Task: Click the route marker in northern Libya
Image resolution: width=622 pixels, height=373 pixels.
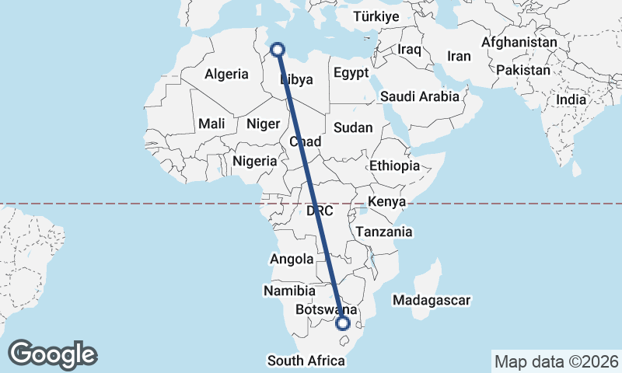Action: point(278,51)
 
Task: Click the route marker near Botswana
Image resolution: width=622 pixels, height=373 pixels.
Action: point(343,323)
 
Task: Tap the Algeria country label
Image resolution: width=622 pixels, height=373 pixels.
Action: point(226,75)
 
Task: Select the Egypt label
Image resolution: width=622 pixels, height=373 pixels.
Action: point(351,73)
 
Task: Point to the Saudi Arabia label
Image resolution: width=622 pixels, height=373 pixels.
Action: point(420,97)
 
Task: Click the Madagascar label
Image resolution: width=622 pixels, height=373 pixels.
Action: point(432,300)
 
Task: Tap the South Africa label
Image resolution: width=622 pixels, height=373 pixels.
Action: point(306,361)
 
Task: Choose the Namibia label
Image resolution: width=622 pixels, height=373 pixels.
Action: point(288,291)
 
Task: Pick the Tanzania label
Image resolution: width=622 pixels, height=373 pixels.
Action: point(383,232)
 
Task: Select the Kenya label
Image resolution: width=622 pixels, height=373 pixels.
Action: point(386,202)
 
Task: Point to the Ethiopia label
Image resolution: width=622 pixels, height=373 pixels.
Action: point(394,166)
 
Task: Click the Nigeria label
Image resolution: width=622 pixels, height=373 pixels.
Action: point(255,161)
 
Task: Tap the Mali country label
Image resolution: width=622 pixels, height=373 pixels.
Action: point(211,124)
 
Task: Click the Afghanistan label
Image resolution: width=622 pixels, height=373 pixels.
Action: point(519,42)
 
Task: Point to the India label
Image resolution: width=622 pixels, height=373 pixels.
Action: point(571,99)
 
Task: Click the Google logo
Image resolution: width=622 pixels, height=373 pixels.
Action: point(53,354)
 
